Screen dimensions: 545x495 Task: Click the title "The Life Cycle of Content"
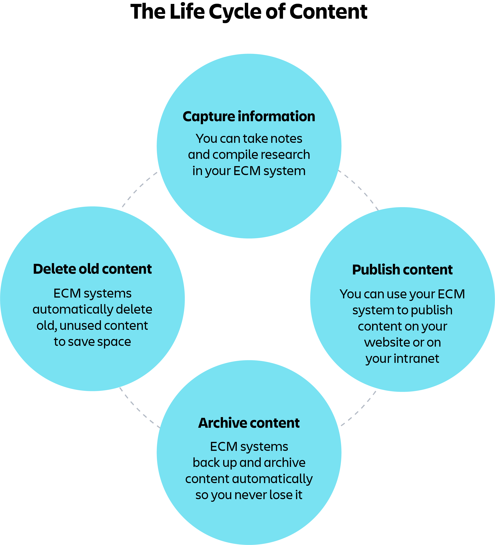[x=249, y=12]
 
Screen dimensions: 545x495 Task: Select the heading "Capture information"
[x=249, y=117]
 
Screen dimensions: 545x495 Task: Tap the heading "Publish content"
[x=402, y=270]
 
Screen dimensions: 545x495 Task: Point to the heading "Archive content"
[x=249, y=423]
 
